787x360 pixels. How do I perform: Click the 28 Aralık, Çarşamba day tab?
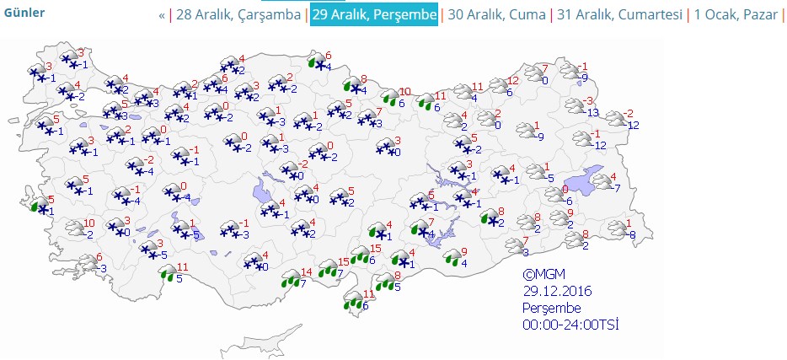[238, 15]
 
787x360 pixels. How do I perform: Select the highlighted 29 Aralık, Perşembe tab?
[374, 15]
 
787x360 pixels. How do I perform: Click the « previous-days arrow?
[162, 15]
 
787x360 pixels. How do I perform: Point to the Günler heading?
[24, 13]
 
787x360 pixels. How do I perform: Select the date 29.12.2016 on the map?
[557, 292]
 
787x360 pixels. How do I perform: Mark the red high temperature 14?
[307, 271]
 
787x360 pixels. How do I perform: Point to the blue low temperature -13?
[593, 113]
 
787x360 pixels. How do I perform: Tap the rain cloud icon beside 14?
[291, 278]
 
